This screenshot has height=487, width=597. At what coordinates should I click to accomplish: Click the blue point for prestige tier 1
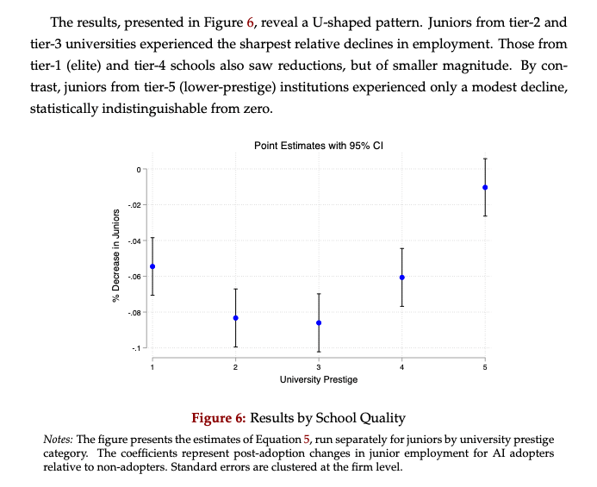tap(152, 266)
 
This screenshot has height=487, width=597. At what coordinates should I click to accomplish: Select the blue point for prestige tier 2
tap(235, 318)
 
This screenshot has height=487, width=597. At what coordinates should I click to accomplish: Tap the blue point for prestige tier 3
tap(319, 322)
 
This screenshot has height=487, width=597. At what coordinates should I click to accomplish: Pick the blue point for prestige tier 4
tap(402, 278)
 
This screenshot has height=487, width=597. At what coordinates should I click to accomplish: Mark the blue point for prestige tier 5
tap(485, 187)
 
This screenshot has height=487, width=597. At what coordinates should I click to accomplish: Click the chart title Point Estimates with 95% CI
tap(319, 147)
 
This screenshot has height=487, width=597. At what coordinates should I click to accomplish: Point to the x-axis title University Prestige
tap(319, 379)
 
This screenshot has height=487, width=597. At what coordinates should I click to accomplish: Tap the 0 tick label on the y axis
tap(136, 169)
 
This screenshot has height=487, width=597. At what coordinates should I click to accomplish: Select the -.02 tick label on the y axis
tap(134, 205)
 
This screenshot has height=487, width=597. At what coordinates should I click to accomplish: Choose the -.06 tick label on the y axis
tap(134, 277)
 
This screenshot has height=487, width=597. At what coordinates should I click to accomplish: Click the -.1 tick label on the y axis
tap(135, 348)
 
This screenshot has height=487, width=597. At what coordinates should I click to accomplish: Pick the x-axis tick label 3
tap(319, 368)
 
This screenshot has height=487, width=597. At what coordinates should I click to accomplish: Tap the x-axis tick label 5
tap(485, 368)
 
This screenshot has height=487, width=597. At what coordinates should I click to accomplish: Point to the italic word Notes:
tap(59, 440)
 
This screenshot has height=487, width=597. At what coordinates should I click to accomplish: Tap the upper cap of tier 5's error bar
tap(485, 159)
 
